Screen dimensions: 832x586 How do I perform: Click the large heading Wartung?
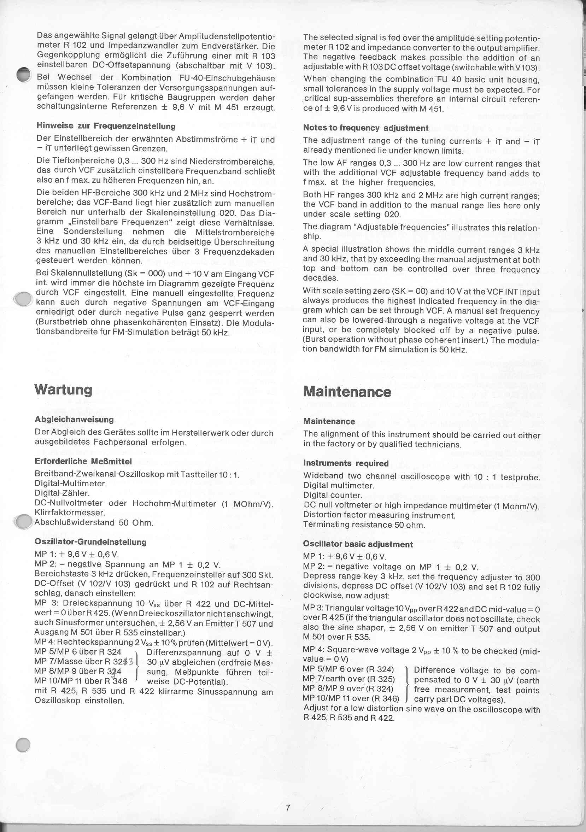[x=63, y=389]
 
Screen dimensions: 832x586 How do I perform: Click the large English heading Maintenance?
[x=347, y=392]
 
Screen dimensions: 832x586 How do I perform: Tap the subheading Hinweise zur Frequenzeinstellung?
[x=106, y=126]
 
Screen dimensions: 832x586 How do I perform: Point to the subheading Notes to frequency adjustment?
[x=366, y=128]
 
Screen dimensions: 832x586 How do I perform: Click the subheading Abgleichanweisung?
[x=74, y=419]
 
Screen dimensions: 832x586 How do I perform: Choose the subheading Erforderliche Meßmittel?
[x=83, y=461]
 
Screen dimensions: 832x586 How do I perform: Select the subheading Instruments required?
[x=345, y=463]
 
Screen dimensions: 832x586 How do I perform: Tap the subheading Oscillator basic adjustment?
[x=358, y=544]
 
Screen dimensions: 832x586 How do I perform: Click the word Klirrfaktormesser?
[x=70, y=513]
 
